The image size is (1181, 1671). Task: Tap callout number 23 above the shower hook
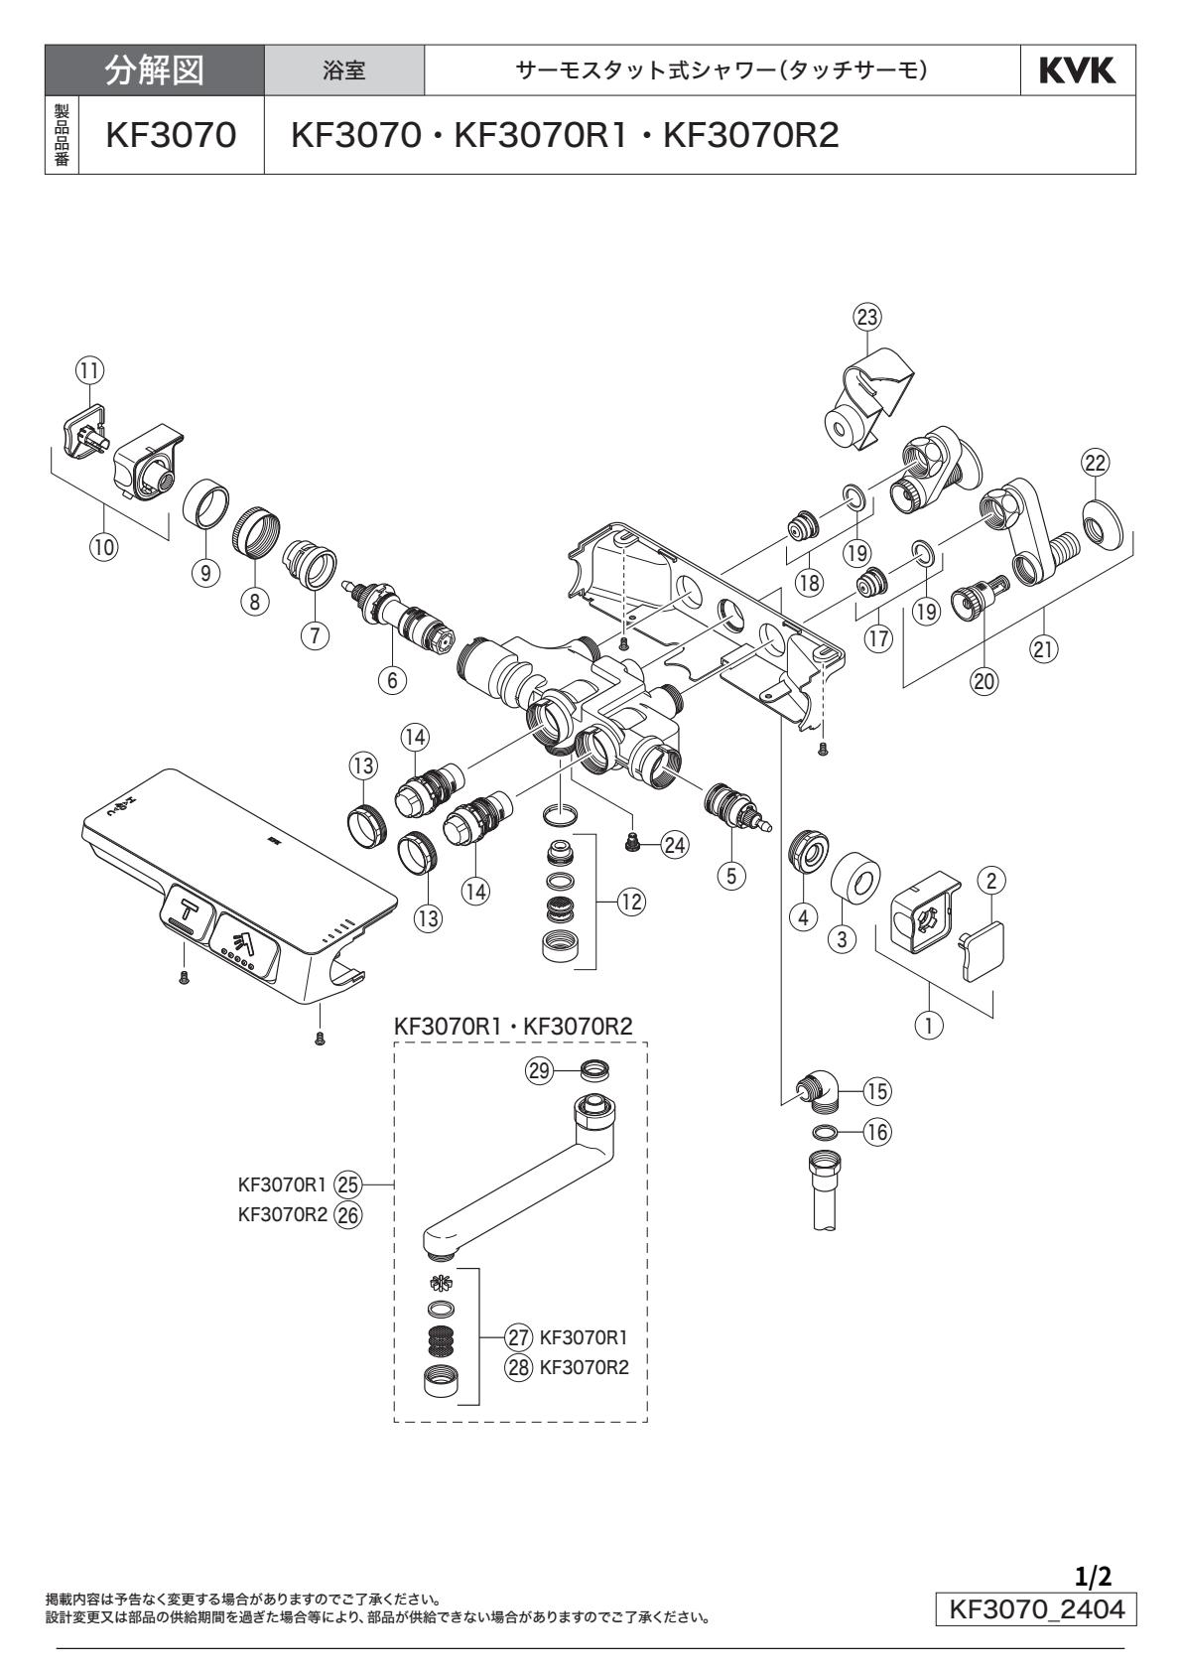867,316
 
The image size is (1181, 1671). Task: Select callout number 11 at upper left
89,369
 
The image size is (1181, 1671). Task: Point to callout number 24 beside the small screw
675,845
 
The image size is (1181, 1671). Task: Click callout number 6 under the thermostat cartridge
391,679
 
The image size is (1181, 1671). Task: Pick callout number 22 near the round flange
1096,462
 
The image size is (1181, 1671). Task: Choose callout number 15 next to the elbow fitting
876,1090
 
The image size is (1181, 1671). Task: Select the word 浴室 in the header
344,71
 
